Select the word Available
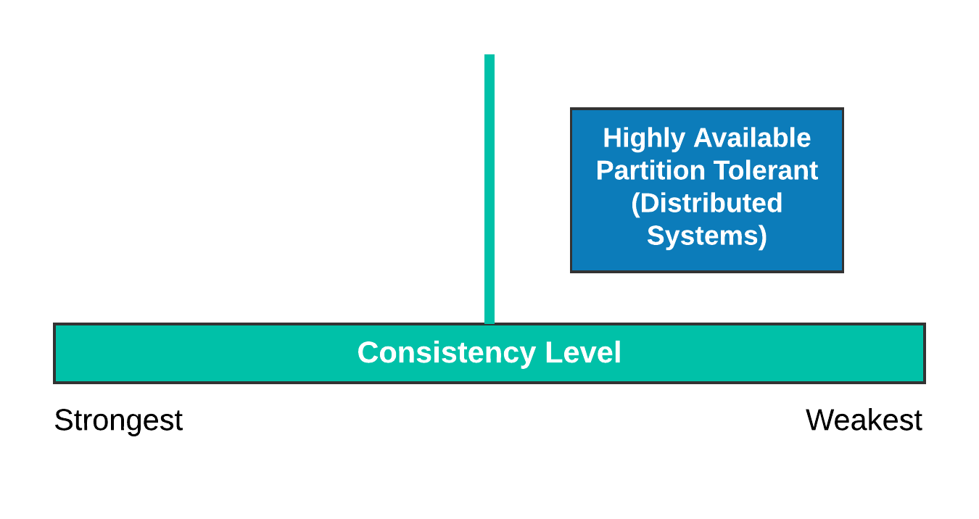point(752,138)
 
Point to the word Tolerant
point(766,170)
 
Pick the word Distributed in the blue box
point(711,203)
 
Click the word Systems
point(701,236)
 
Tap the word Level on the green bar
point(583,353)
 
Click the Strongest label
point(118,420)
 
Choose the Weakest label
point(864,420)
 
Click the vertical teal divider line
point(489,188)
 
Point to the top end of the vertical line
point(489,56)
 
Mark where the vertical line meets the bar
point(489,323)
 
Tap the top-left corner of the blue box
point(571,109)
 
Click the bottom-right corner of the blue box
point(843,271)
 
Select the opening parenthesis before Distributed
point(635,204)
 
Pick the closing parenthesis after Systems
point(763,236)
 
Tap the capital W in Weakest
point(819,420)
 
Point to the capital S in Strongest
point(62,420)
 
